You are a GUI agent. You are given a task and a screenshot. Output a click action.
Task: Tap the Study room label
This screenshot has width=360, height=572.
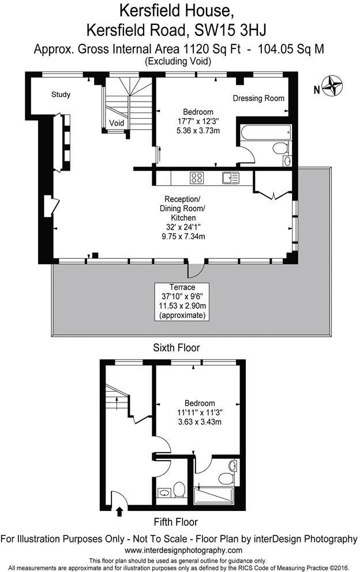coord(61,95)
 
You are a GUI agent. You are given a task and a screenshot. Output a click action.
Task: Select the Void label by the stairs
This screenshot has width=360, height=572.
coord(117,123)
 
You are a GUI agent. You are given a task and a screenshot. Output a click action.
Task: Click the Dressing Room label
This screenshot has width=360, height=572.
coord(258,98)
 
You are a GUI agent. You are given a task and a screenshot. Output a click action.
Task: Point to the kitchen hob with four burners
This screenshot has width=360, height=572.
coord(197,178)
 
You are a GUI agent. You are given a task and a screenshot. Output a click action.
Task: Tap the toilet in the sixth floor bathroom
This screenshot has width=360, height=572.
coord(280,149)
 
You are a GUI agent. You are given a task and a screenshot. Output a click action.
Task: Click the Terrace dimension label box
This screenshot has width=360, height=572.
coord(183,302)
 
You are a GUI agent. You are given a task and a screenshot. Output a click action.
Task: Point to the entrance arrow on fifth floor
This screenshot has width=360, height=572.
coord(120,510)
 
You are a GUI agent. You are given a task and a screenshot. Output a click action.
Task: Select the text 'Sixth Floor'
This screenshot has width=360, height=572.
coord(177,348)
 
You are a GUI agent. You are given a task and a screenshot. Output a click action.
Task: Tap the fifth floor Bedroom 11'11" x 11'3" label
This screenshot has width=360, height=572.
coord(200,413)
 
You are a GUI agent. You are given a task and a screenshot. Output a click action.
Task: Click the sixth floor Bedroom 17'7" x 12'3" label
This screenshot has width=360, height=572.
coord(198,121)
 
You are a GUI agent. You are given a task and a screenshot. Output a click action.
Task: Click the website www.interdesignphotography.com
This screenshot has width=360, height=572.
coord(179,550)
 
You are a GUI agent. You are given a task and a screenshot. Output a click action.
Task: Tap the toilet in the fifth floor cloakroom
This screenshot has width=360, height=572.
coord(179,491)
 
